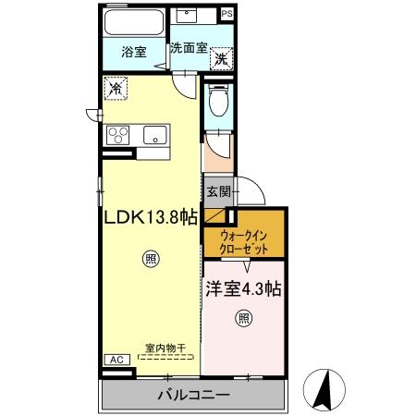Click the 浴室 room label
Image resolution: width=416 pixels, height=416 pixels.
pyautogui.click(x=134, y=53)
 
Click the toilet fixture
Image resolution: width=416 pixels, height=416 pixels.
pyautogui.click(x=217, y=101)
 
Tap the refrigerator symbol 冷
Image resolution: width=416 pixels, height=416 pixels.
pyautogui.click(x=116, y=89)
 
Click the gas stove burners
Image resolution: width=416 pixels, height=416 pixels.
pyautogui.click(x=118, y=135)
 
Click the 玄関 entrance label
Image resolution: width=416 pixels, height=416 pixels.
pyautogui.click(x=218, y=192)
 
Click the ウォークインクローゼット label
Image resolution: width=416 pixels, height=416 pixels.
pyautogui.click(x=245, y=242)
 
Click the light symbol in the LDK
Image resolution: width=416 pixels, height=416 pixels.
pyautogui.click(x=149, y=260)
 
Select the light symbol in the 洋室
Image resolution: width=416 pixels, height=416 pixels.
pyautogui.click(x=243, y=320)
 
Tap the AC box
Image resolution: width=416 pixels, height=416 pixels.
pyautogui.click(x=116, y=360)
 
